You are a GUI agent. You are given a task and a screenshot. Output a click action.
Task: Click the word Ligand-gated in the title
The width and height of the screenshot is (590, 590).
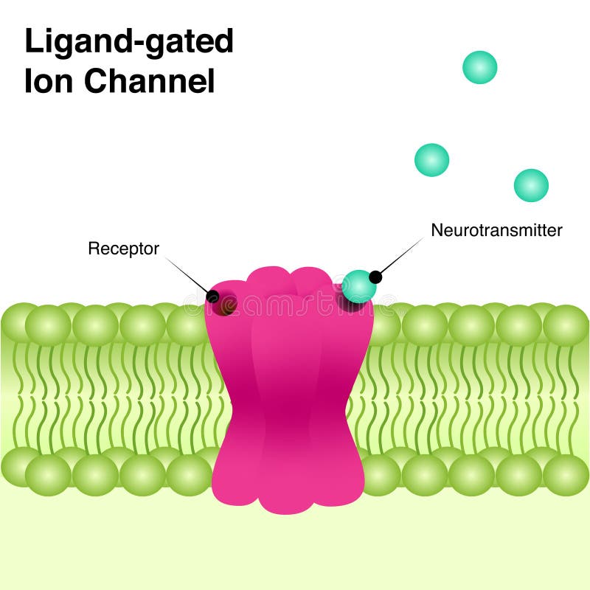click(x=129, y=43)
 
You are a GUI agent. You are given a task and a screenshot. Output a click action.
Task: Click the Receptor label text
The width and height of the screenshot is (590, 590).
click(x=123, y=249)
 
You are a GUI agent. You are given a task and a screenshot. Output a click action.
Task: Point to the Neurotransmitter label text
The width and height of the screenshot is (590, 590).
click(x=496, y=230)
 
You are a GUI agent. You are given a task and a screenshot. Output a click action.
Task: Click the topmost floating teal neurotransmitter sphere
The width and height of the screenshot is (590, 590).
click(x=479, y=67)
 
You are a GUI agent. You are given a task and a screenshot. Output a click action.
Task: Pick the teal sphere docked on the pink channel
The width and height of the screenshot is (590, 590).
click(x=358, y=286)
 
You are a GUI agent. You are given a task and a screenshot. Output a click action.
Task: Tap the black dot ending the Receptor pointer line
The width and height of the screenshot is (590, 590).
click(x=212, y=296)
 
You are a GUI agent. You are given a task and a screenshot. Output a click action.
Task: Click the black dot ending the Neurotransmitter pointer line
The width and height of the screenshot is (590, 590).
click(x=375, y=277)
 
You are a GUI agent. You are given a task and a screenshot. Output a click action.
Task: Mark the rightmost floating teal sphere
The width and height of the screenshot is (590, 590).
click(x=531, y=185)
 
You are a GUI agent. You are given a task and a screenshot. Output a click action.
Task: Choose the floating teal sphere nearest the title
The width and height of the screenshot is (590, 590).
click(x=431, y=160)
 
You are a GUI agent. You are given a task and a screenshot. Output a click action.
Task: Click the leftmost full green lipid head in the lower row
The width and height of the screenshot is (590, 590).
click(x=48, y=474)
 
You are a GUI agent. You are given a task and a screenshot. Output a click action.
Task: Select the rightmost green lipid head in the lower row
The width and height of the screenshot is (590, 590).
click(x=566, y=474)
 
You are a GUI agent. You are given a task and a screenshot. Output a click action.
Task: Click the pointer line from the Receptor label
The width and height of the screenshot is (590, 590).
click(x=187, y=276)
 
